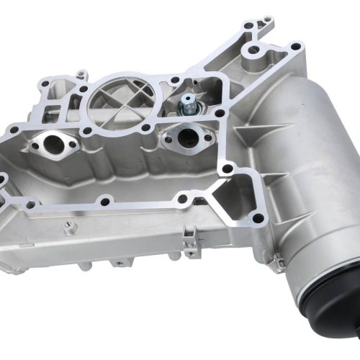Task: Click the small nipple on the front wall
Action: pyautogui.click(x=70, y=228)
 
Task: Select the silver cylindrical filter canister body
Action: pyautogui.click(x=302, y=166)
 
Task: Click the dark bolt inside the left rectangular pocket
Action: pyautogui.click(x=52, y=110)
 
